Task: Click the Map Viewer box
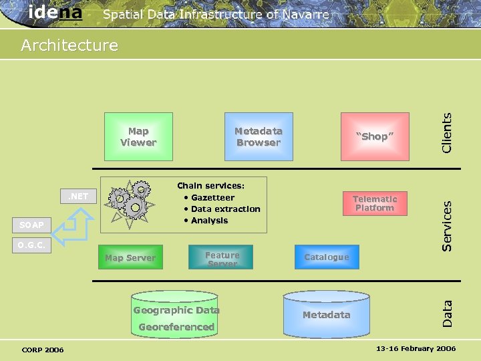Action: pyautogui.click(x=138, y=136)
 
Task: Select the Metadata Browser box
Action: pyautogui.click(x=259, y=136)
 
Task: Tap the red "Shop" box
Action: pyautogui.click(x=375, y=136)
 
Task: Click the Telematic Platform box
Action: pyautogui.click(x=375, y=203)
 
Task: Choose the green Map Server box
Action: pyautogui.click(x=130, y=257)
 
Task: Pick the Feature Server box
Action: pyautogui.click(x=222, y=257)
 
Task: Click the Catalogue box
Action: pyautogui.click(x=327, y=257)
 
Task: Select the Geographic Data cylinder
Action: pyautogui.click(x=176, y=314)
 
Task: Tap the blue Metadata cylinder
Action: pyautogui.click(x=327, y=314)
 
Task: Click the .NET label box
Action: pyautogui.click(x=78, y=197)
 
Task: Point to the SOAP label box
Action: pyautogui.click(x=31, y=225)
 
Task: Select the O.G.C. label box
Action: pyautogui.click(x=31, y=245)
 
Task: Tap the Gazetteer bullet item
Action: pyautogui.click(x=212, y=198)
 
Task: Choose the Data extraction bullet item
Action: pyautogui.click(x=224, y=209)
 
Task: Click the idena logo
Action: pyautogui.click(x=55, y=12)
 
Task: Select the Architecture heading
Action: pyautogui.click(x=69, y=45)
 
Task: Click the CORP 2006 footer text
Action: pyautogui.click(x=43, y=350)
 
